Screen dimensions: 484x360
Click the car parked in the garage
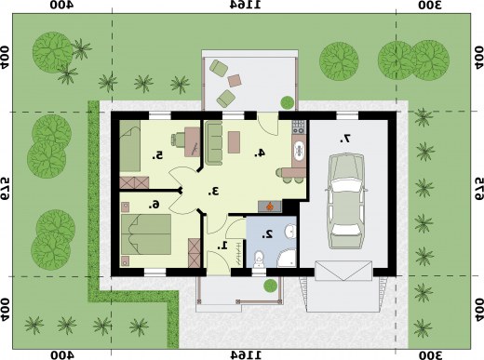(x=346, y=202)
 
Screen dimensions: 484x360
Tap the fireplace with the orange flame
(x=270, y=207)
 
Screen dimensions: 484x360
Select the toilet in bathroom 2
(x=259, y=260)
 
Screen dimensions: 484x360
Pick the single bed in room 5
(x=130, y=146)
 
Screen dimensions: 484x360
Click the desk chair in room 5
(x=178, y=140)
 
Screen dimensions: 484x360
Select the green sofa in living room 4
(x=214, y=143)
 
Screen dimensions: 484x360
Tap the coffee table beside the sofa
(x=234, y=142)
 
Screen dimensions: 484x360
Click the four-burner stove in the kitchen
(x=299, y=127)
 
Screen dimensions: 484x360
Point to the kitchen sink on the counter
(x=300, y=151)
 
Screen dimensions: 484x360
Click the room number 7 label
(x=344, y=139)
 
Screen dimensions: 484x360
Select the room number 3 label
(x=213, y=192)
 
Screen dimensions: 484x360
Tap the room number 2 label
(x=267, y=234)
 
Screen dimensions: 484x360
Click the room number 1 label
(x=222, y=246)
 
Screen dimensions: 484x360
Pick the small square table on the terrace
(x=235, y=81)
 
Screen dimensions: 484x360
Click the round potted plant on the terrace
(x=287, y=102)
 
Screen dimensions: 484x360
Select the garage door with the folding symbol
(x=343, y=271)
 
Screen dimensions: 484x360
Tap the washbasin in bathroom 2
(x=290, y=232)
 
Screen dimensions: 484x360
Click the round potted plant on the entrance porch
(x=270, y=286)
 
